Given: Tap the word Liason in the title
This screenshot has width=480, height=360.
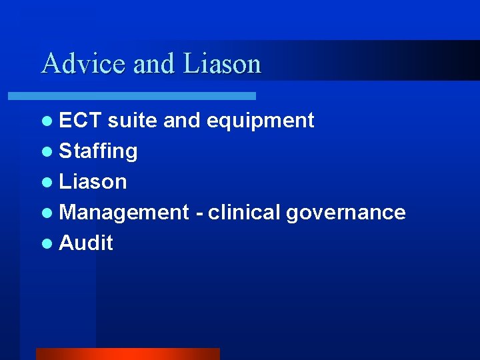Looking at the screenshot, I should coord(221,63).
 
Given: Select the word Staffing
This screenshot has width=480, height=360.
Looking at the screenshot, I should coord(98,151).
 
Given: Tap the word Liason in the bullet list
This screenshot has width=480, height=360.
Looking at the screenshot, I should coord(93,181).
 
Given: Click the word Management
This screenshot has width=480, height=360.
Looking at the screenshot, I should coord(124,213).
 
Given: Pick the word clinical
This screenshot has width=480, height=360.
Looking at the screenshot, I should coord(244,212).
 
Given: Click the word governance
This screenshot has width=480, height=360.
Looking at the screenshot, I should coord(345,213).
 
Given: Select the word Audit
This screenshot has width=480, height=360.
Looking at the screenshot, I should coord(86,243).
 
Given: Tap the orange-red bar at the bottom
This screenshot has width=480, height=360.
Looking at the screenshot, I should coord(127,353).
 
